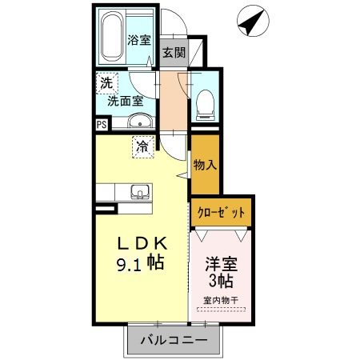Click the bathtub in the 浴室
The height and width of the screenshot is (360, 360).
click(112, 36)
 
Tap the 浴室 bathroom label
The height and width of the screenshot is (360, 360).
click(139, 40)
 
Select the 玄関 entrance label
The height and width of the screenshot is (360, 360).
click(174, 52)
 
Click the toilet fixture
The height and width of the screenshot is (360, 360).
click(206, 105)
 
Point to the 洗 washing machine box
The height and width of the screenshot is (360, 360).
click(107, 83)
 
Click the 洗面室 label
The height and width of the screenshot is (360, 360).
click(126, 101)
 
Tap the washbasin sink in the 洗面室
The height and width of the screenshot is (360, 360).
click(140, 121)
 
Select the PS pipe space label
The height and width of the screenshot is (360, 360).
click(102, 125)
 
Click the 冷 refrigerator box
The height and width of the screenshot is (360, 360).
click(143, 147)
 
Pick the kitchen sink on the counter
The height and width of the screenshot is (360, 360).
click(140, 192)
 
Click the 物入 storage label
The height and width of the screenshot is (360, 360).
click(205, 165)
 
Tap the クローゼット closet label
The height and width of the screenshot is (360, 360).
click(221, 213)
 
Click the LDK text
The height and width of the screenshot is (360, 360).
click(142, 243)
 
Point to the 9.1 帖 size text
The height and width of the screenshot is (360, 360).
click(140, 263)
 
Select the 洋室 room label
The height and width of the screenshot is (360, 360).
click(221, 264)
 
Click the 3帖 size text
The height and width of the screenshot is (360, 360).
click(221, 281)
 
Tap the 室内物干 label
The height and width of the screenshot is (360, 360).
click(221, 301)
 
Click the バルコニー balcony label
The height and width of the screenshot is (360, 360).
click(174, 340)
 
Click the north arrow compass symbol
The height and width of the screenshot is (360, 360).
click(253, 21)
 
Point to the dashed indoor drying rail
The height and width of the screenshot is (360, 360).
click(221, 310)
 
